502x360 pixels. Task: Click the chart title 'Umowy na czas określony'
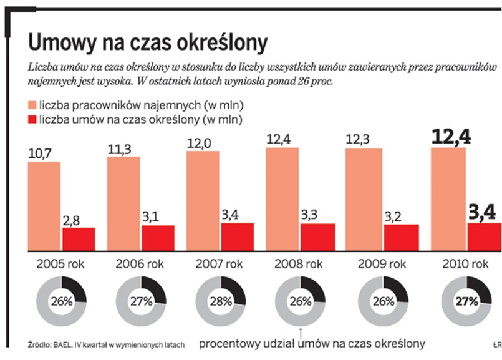(x=148, y=42)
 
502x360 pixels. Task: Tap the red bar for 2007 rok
(x=220, y=236)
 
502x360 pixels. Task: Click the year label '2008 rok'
(x=301, y=264)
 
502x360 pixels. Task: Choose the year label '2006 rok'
(x=141, y=264)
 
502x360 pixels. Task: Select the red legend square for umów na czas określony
(x=32, y=119)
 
